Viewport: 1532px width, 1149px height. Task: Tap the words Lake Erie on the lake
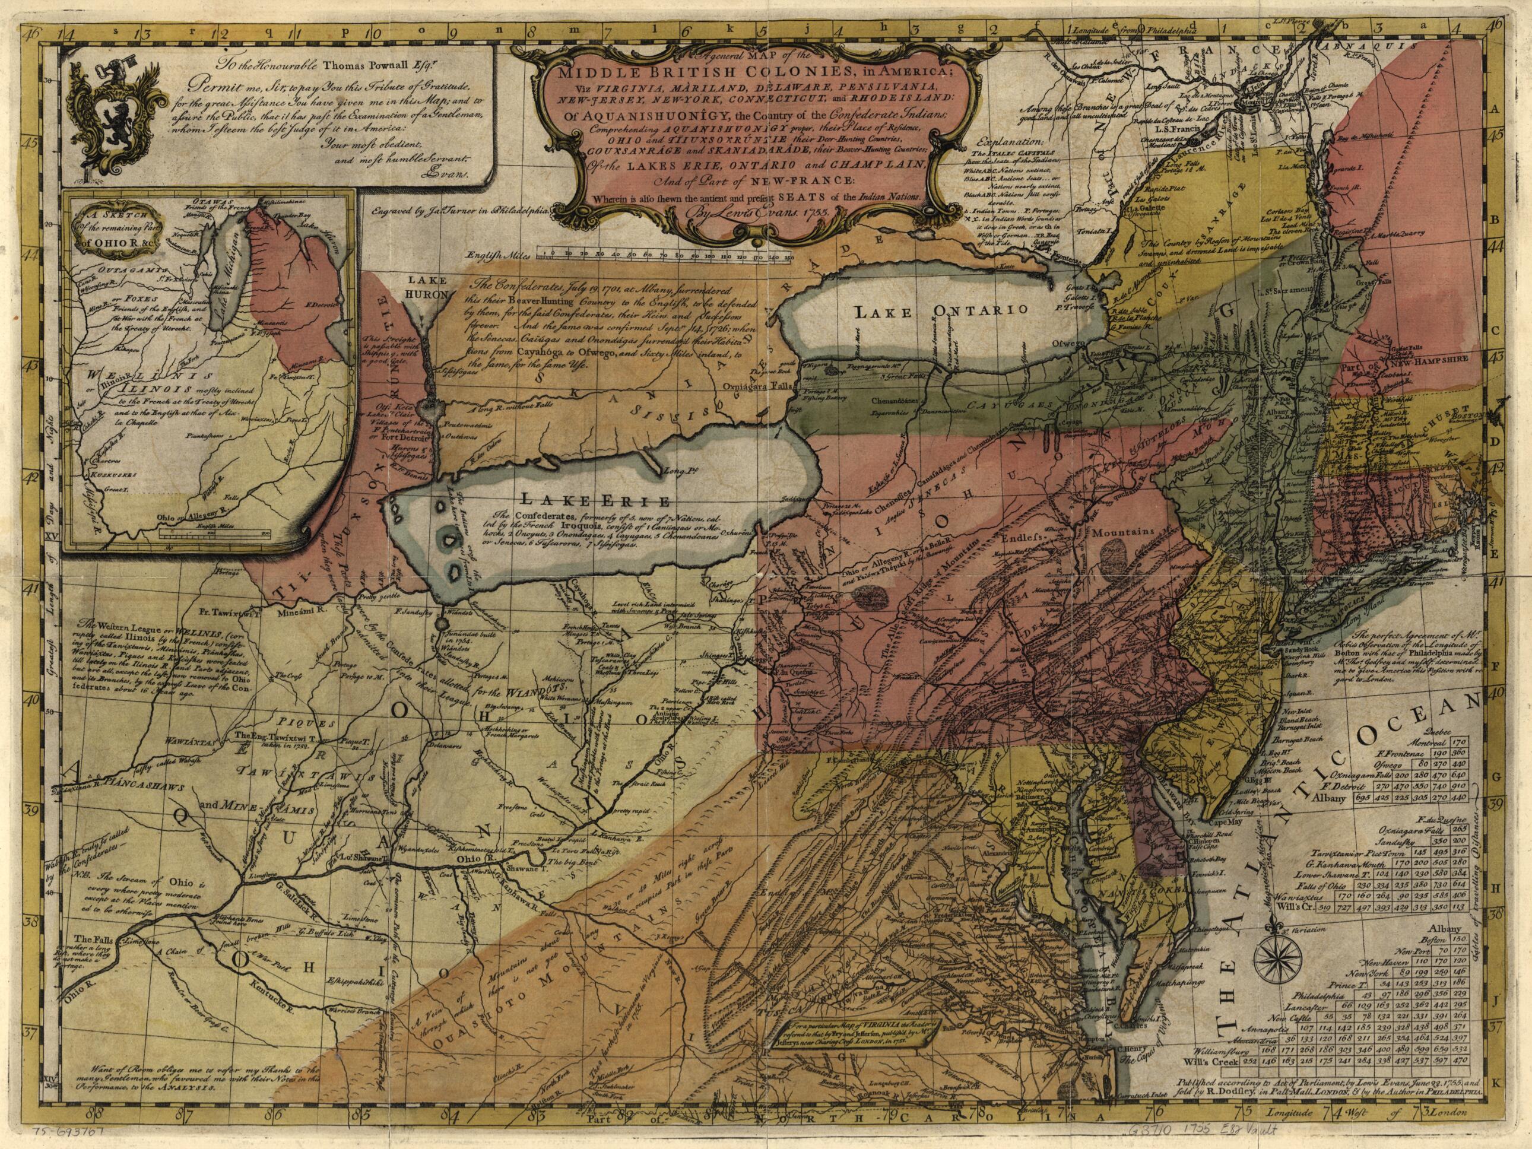(x=595, y=500)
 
